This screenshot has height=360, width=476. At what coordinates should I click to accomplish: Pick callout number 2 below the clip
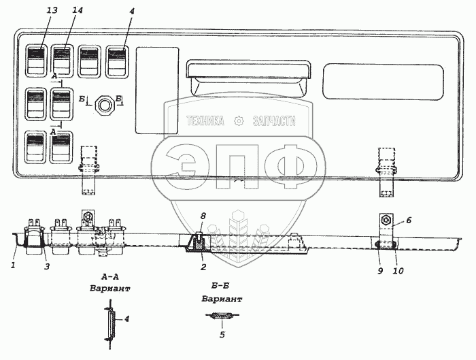click(202, 267)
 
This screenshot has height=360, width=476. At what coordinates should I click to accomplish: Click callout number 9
click(379, 270)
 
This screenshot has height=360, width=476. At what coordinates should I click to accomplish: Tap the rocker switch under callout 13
click(37, 59)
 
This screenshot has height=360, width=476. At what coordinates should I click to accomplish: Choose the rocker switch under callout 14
click(62, 59)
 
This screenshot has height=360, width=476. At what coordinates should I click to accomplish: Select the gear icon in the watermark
click(238, 122)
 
